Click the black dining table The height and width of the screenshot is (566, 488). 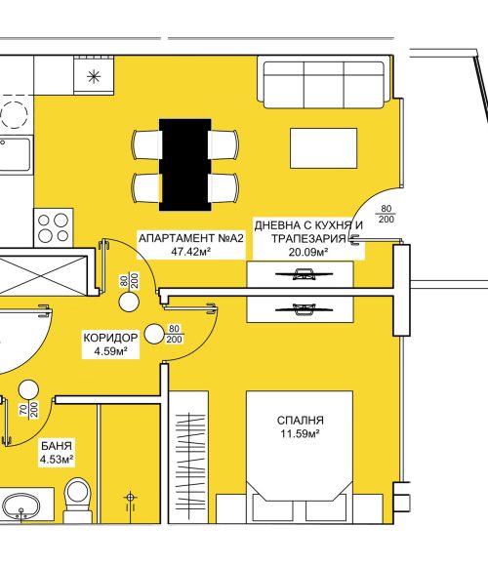pyautogui.click(x=185, y=165)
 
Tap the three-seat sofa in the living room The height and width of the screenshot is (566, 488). pyautogui.click(x=324, y=85)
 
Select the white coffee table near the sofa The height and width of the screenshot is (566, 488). pyautogui.click(x=323, y=148)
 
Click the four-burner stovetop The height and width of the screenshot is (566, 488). pyautogui.click(x=54, y=227)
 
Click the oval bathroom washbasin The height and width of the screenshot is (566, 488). pyautogui.click(x=20, y=506)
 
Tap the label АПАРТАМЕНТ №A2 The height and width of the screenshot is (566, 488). pyautogui.click(x=191, y=238)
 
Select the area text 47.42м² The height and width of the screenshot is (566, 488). pyautogui.click(x=191, y=252)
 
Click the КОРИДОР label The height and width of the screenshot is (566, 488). pyautogui.click(x=110, y=338)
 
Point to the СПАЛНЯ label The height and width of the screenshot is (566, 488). pyautogui.click(x=301, y=421)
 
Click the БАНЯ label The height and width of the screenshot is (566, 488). pyautogui.click(x=57, y=446)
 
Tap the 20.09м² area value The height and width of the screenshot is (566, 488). pyautogui.click(x=308, y=252)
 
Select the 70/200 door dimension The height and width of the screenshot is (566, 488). pyautogui.click(x=29, y=410)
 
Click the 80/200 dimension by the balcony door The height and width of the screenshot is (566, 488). pyautogui.click(x=386, y=214)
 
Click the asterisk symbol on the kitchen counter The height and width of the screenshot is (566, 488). pyautogui.click(x=94, y=76)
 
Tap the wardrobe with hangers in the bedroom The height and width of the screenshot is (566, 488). pyautogui.click(x=188, y=457)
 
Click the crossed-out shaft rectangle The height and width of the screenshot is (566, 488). pyautogui.click(x=43, y=275)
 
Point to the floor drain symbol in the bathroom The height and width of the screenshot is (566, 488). pyautogui.click(x=130, y=501)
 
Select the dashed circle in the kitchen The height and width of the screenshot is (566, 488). pyautogui.click(x=14, y=115)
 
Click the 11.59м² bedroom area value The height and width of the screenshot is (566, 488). pyautogui.click(x=301, y=433)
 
